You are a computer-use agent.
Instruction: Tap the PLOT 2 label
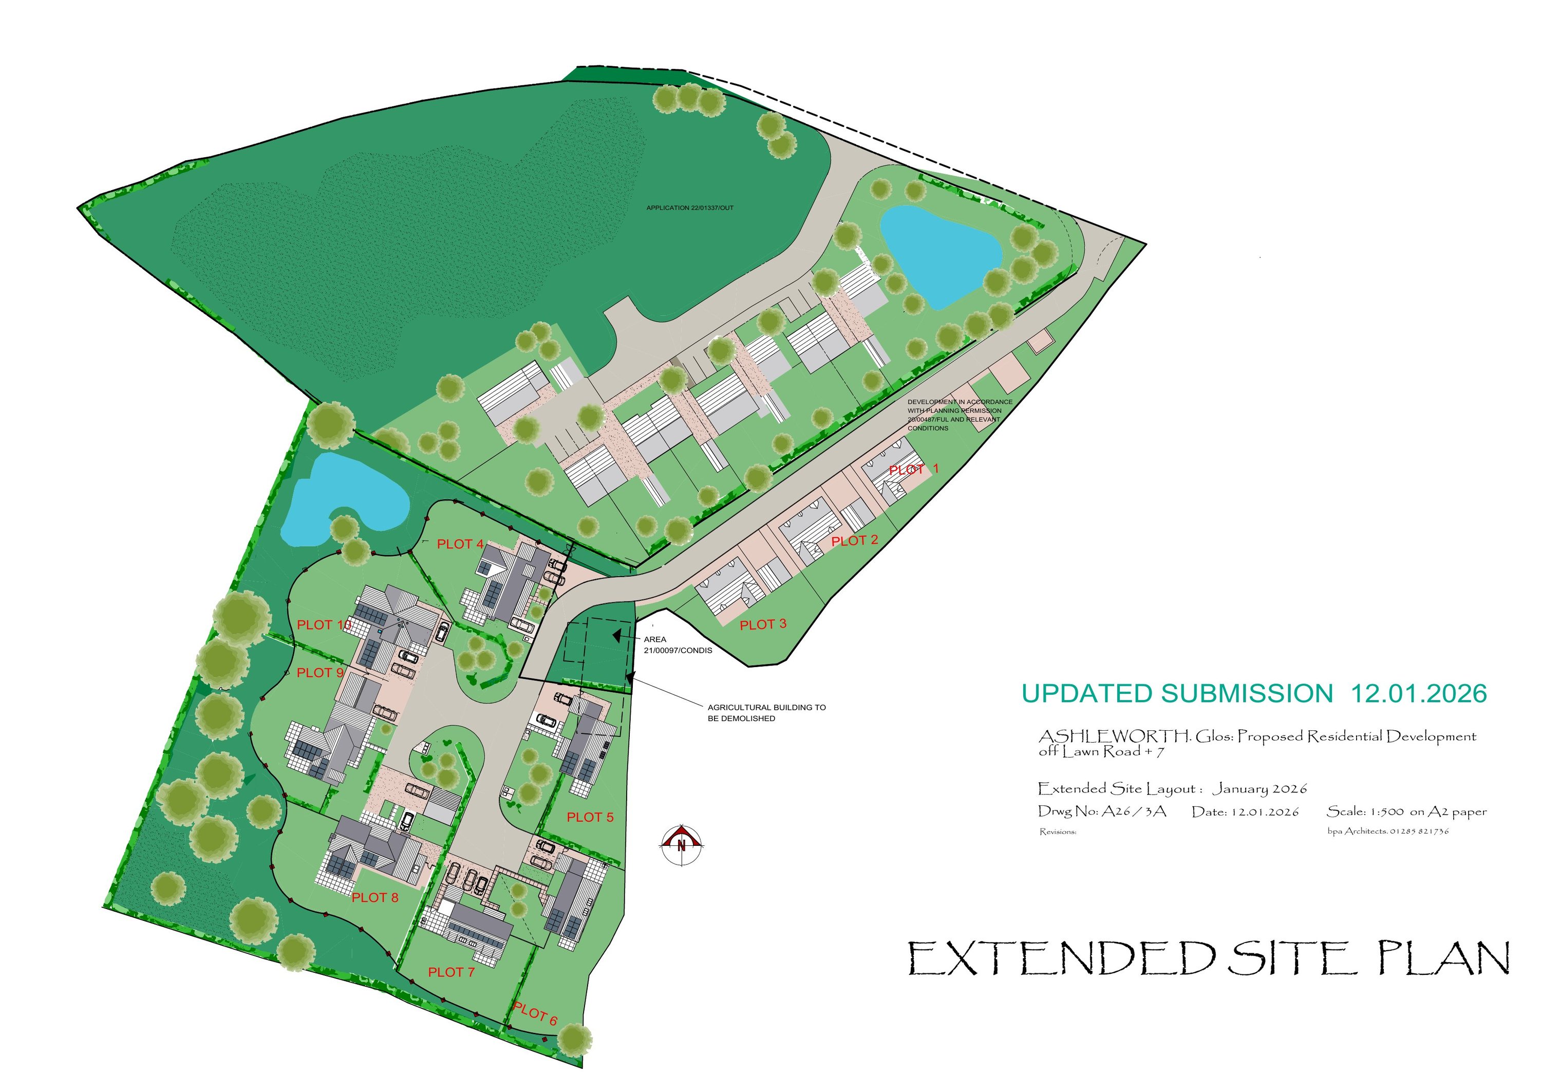[x=854, y=541]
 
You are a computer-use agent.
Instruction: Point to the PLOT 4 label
[x=460, y=544]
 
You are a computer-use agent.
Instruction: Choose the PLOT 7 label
[x=451, y=972]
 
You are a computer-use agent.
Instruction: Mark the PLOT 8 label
[x=374, y=897]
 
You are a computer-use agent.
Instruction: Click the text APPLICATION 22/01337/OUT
[x=689, y=208]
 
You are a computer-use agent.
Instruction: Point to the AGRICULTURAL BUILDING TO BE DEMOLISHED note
[x=766, y=713]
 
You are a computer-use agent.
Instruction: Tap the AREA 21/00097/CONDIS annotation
[x=677, y=645]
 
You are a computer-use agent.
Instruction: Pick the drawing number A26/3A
[x=1134, y=811]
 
